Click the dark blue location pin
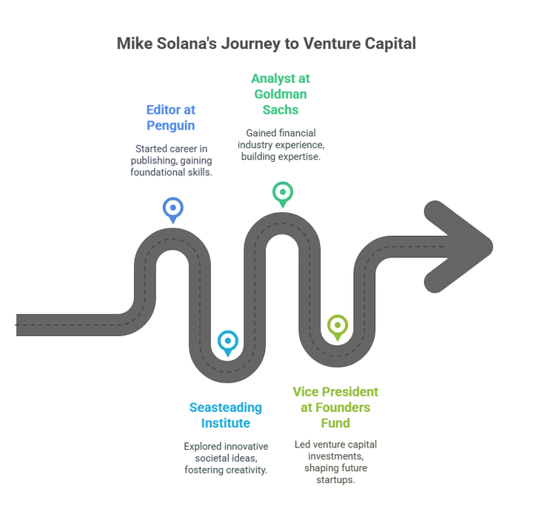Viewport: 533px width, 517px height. (173, 209)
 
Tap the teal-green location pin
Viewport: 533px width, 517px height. (282, 194)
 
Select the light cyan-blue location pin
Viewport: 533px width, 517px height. (228, 342)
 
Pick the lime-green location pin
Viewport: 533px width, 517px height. (337, 326)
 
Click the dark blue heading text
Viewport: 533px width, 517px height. (170, 118)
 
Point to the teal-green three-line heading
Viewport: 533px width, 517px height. (281, 94)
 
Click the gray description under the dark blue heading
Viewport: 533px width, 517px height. (170, 159)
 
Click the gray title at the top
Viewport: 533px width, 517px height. (266, 43)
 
